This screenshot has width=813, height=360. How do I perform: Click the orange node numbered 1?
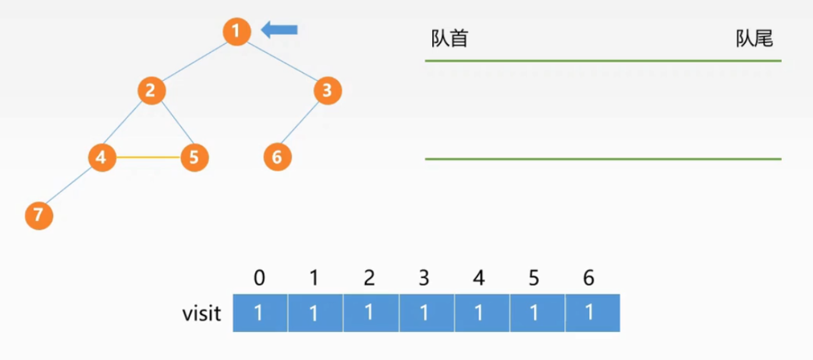[x=237, y=31]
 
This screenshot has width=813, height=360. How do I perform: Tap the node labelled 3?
[x=328, y=91]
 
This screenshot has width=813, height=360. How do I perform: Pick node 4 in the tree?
[x=102, y=157]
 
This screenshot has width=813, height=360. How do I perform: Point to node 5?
[x=194, y=157]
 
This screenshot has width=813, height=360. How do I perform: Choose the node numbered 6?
[x=278, y=157]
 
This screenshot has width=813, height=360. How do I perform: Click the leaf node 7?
[x=39, y=215]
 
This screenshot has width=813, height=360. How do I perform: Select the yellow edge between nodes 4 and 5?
[x=148, y=157]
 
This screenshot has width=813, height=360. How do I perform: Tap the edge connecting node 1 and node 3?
[x=283, y=60]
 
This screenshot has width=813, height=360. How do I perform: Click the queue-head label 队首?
[x=450, y=39]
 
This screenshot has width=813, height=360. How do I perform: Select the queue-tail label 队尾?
[x=754, y=39]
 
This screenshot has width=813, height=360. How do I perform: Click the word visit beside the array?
[x=201, y=314]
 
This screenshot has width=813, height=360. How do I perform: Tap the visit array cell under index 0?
[x=260, y=313]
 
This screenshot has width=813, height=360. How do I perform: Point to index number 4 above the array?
[x=479, y=278]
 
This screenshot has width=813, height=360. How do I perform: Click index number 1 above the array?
[x=314, y=278]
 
